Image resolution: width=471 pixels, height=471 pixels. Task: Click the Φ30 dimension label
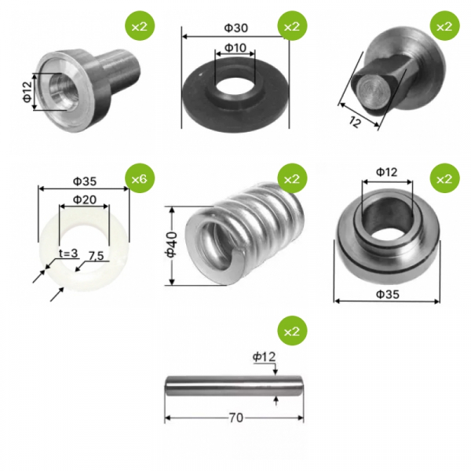[236, 28]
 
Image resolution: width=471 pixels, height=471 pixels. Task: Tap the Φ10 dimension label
[235, 47]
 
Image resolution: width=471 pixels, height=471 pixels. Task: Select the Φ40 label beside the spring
[171, 244]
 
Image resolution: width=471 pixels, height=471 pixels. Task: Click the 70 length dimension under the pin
[236, 418]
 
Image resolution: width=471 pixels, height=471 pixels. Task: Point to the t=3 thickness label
[68, 254]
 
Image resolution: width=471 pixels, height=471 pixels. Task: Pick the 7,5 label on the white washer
[96, 256]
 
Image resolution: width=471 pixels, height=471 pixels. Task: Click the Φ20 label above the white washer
[85, 199]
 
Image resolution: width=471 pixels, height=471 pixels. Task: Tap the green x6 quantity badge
[140, 178]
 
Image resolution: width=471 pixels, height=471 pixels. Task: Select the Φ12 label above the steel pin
[264, 357]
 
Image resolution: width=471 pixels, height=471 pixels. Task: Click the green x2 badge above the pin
[292, 330]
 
